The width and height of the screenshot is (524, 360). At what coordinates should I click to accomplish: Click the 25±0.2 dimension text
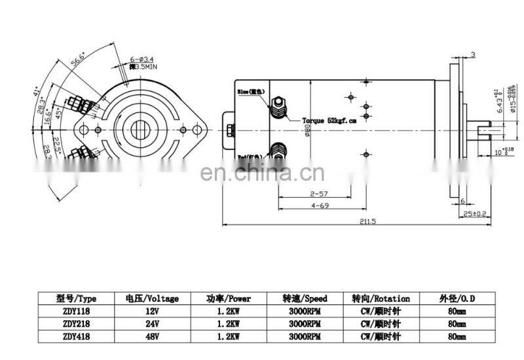coord(474,214)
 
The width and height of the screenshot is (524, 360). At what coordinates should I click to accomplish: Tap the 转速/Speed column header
coord(305,298)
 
